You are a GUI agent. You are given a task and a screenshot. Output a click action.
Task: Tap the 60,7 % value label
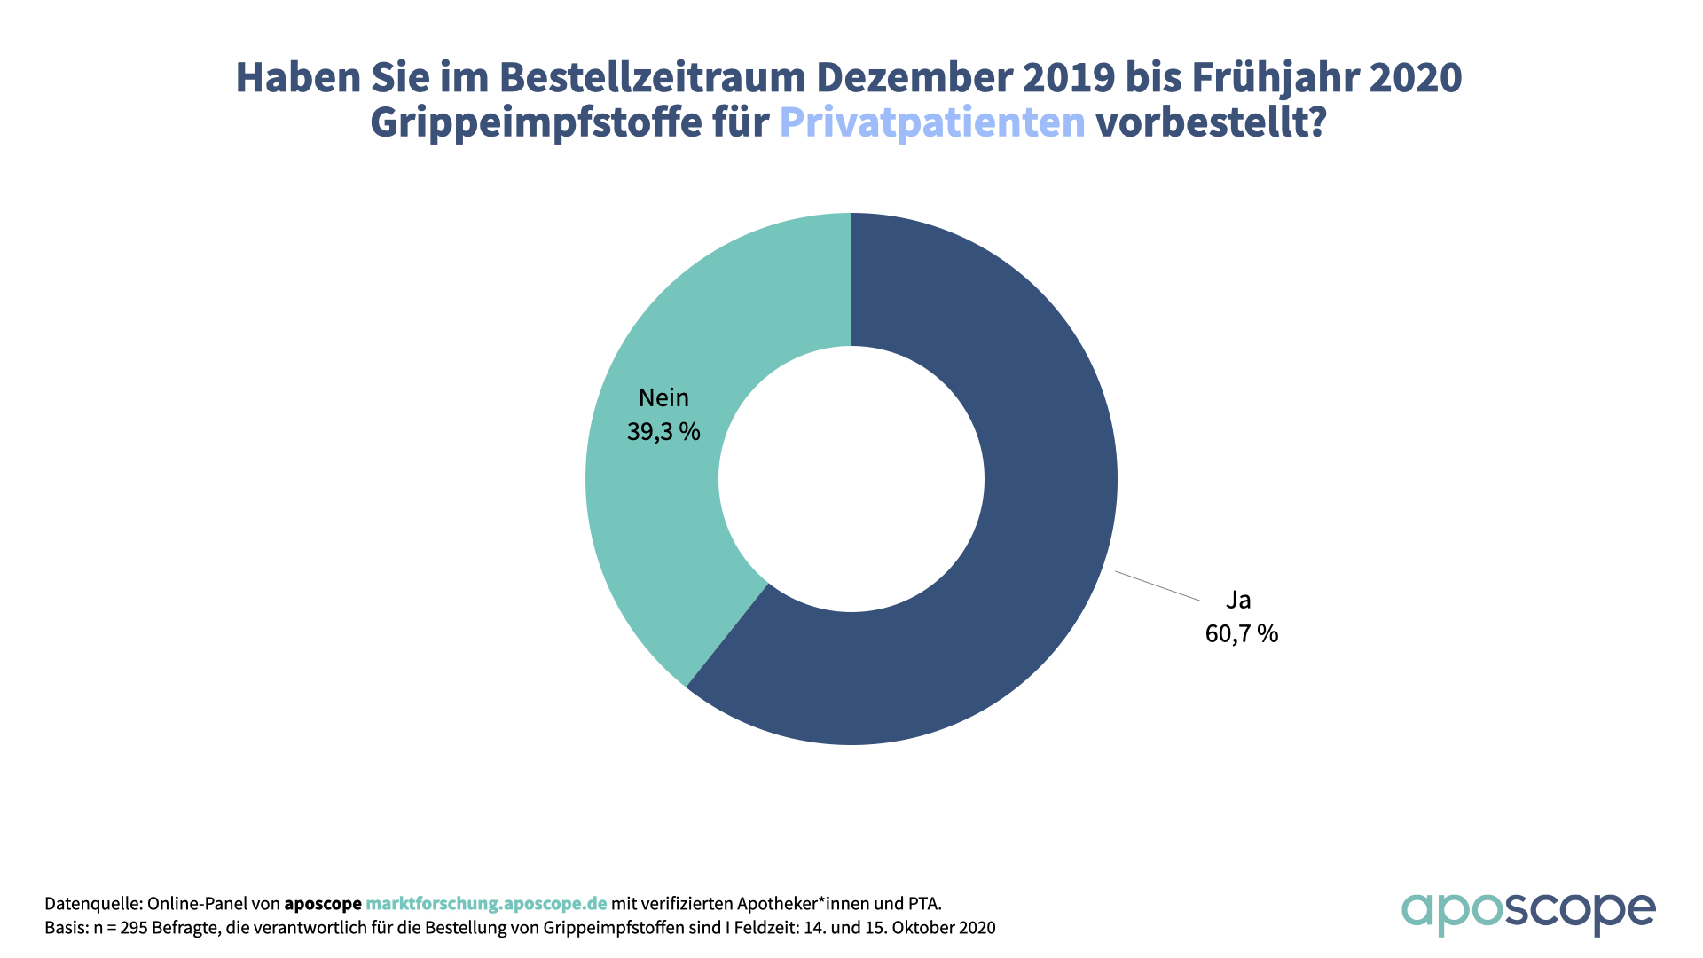[x=1241, y=633]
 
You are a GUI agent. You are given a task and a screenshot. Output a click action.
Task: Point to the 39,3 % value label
[x=663, y=432]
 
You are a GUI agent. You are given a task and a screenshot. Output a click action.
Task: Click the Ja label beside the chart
[x=1238, y=600]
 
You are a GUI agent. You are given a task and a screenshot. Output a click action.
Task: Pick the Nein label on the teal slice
[x=663, y=397]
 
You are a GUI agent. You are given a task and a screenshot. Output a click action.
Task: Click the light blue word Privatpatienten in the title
[x=932, y=122]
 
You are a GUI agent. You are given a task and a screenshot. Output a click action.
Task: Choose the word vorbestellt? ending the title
[x=1211, y=122]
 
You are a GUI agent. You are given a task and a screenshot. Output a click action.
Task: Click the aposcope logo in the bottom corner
[x=1527, y=913]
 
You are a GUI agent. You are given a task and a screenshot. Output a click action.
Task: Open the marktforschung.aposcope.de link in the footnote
[x=486, y=904]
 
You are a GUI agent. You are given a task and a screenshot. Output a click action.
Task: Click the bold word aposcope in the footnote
[x=323, y=904]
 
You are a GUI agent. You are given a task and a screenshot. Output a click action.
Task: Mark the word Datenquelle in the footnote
[x=92, y=904]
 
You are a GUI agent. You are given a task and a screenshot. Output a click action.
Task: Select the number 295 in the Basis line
[x=133, y=928]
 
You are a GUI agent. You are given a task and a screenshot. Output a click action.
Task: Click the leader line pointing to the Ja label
[x=1158, y=586]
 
